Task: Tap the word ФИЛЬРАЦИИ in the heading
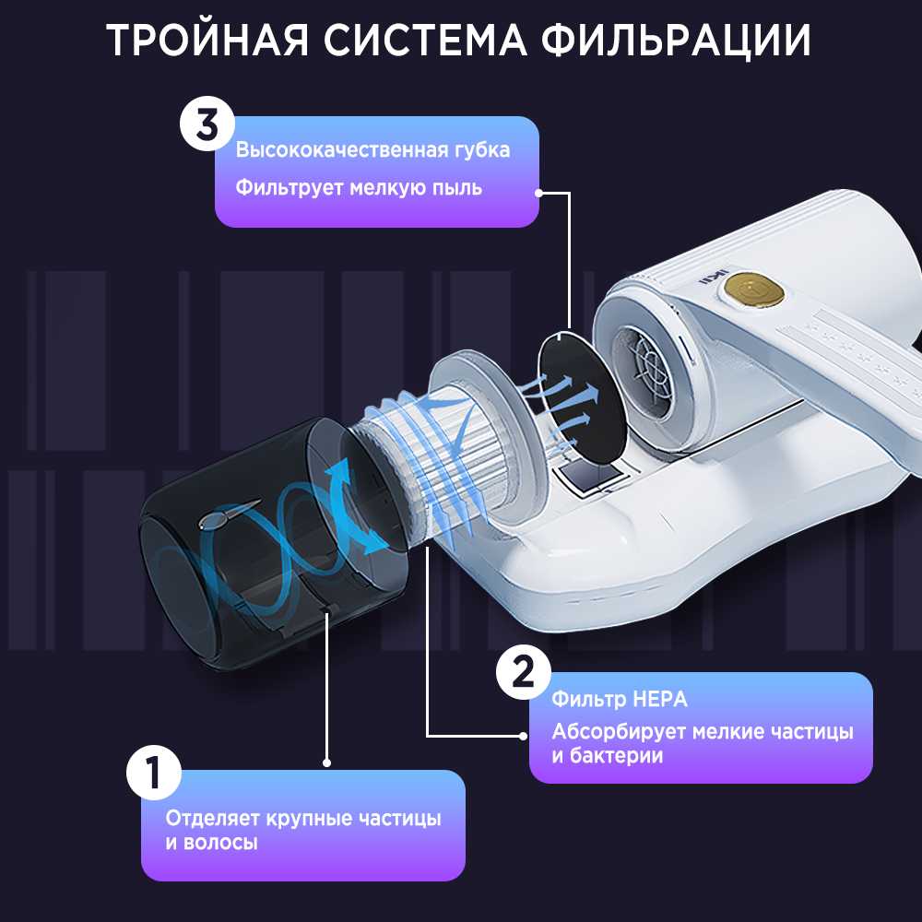(x=676, y=41)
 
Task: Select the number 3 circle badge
(x=207, y=124)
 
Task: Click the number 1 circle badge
(x=154, y=772)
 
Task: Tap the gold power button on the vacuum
(x=754, y=290)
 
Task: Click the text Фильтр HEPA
(x=620, y=699)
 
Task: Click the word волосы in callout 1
(x=220, y=843)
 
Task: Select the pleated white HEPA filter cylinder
(x=447, y=447)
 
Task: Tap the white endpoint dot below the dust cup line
(x=327, y=762)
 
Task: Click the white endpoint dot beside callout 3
(x=538, y=193)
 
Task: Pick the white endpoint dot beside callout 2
(x=524, y=736)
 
